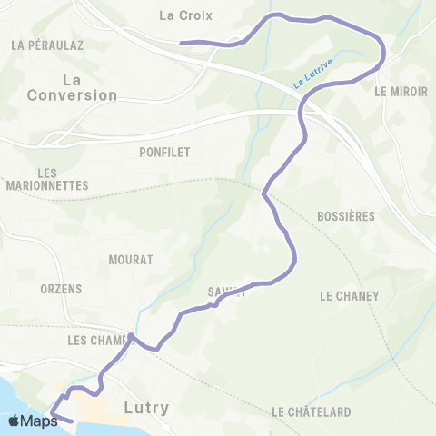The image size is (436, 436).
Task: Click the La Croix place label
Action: (x=178, y=15)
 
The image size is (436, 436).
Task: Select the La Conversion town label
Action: (x=73, y=87)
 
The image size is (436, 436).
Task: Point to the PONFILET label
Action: (x=165, y=153)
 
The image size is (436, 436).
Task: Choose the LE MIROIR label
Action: (x=401, y=92)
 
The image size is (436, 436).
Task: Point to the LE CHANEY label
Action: (x=349, y=295)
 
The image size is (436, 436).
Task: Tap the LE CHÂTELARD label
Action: (x=312, y=412)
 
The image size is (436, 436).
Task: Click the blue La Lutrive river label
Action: (x=312, y=74)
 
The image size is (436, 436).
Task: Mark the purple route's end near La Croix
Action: (x=182, y=42)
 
